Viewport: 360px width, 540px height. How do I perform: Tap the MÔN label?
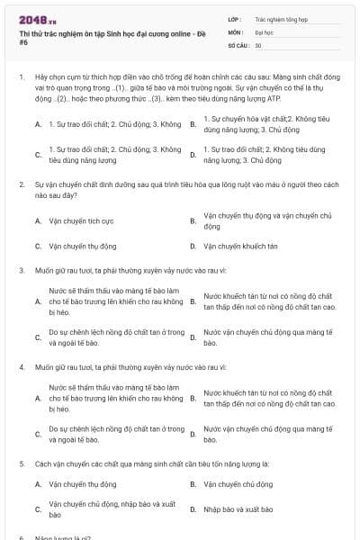point(235,31)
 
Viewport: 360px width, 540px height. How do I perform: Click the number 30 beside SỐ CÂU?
point(258,44)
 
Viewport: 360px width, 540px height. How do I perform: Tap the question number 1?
point(21,77)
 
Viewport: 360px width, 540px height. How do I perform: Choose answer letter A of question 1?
point(37,123)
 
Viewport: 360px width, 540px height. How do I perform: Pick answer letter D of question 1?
point(193,155)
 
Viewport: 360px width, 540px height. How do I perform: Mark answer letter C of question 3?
point(37,337)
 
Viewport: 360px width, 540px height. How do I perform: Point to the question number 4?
point(21,367)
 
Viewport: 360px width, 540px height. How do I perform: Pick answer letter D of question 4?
point(193,435)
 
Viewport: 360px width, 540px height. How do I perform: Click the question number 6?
point(21,537)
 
